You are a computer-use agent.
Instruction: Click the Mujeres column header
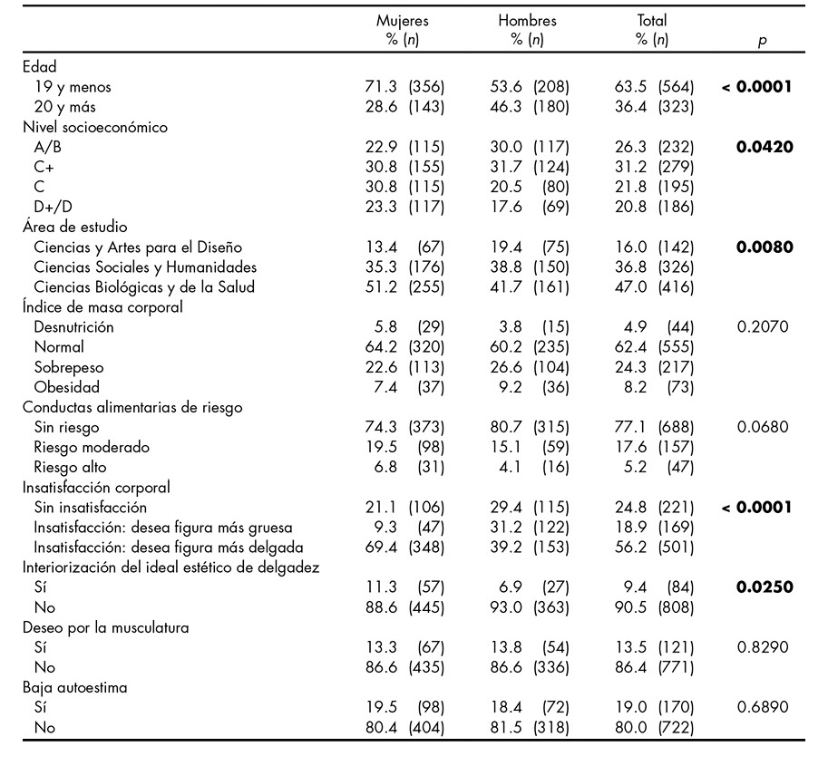pyautogui.click(x=403, y=21)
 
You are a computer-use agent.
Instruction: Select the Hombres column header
pyautogui.click(x=527, y=21)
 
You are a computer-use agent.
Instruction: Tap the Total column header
pyautogui.click(x=651, y=21)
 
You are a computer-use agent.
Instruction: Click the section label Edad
pyautogui.click(x=39, y=67)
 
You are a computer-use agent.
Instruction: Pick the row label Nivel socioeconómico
pyautogui.click(x=95, y=128)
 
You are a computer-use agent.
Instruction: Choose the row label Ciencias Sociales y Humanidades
pyautogui.click(x=145, y=267)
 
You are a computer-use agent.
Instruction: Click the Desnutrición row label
pyautogui.click(x=74, y=327)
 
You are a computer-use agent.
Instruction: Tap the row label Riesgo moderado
pyautogui.click(x=92, y=447)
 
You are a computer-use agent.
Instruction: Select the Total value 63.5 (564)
pyautogui.click(x=654, y=88)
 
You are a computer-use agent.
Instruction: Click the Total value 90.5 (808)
pyautogui.click(x=654, y=606)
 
